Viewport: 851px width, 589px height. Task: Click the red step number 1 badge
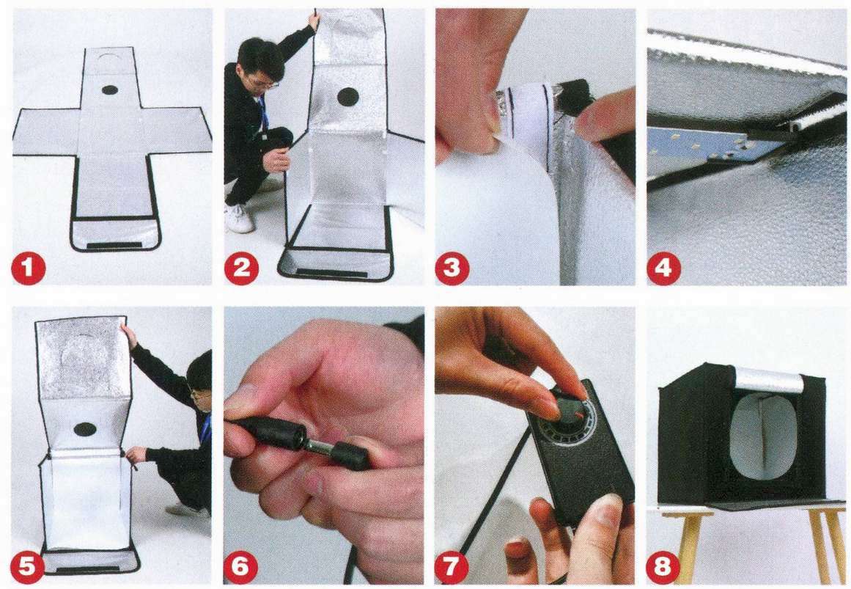(x=29, y=267)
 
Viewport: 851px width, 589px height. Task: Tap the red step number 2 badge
(x=241, y=267)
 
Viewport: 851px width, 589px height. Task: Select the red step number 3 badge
(x=452, y=267)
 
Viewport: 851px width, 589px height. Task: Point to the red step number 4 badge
(x=663, y=267)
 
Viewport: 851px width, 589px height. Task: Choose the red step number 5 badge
(x=27, y=566)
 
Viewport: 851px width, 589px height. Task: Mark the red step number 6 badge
(x=240, y=566)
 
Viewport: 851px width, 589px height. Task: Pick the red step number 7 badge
(x=452, y=566)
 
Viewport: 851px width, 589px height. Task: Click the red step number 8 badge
(x=663, y=566)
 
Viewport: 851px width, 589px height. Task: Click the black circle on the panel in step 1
(x=110, y=90)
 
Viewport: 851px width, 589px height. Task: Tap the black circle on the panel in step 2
(x=348, y=98)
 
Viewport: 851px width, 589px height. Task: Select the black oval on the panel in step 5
(x=85, y=429)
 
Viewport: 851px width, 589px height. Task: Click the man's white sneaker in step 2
(x=240, y=219)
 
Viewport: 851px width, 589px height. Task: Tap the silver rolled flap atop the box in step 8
(x=769, y=378)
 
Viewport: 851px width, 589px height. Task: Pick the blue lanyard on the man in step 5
(x=205, y=427)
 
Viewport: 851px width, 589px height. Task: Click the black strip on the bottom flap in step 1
(x=114, y=246)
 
